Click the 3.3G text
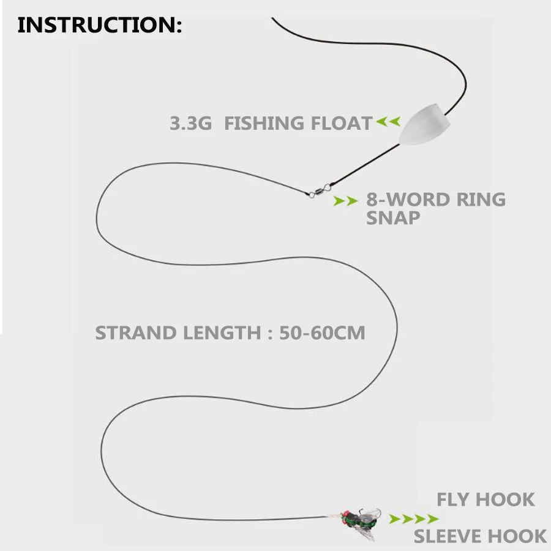(x=190, y=124)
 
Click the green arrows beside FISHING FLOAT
(x=388, y=122)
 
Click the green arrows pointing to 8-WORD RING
(x=345, y=201)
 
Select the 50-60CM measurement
(x=322, y=333)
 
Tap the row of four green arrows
(x=414, y=519)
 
